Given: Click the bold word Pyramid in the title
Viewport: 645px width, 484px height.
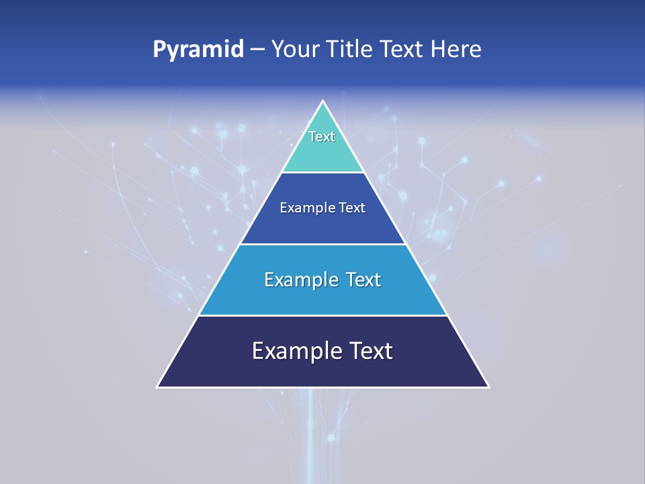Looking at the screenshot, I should (198, 50).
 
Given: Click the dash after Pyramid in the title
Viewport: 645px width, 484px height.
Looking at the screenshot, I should (257, 50).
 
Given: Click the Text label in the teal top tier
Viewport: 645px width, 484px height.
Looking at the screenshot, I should (322, 136).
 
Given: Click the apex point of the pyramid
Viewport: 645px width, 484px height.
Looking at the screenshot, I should (323, 102).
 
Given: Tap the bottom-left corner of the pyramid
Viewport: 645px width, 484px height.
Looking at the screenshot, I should (158, 387).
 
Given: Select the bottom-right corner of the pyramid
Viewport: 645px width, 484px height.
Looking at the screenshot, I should (488, 387).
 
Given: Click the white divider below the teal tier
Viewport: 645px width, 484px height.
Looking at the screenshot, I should (323, 172).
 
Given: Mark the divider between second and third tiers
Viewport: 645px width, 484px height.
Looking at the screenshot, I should (323, 244).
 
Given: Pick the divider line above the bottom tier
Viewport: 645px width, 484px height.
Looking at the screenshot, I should (323, 315).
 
